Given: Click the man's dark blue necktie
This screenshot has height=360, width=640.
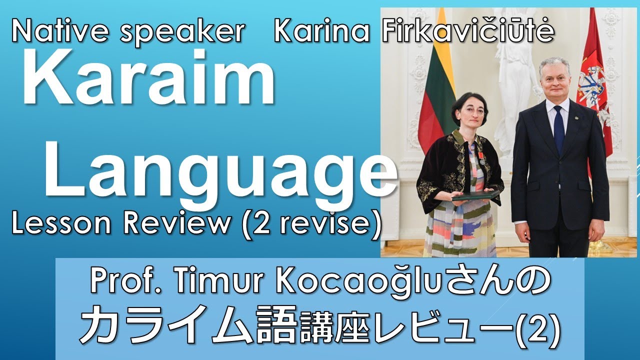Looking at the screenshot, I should point(558,129).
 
